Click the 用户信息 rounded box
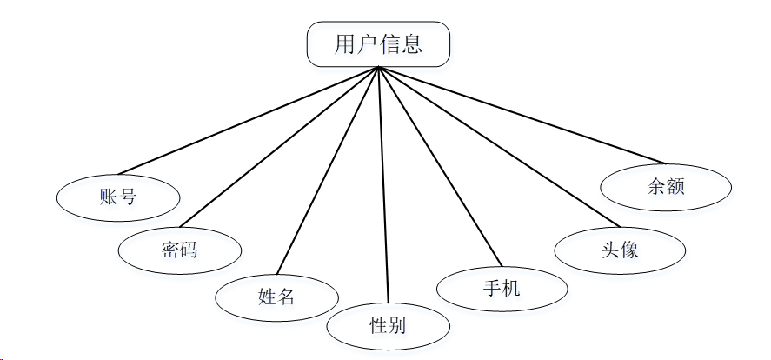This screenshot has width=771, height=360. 379,44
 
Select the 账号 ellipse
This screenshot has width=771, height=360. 118,197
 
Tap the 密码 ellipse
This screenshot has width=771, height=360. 180,250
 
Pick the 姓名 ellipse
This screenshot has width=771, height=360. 277,297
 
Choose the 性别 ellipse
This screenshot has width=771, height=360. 389,326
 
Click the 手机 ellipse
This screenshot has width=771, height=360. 502,288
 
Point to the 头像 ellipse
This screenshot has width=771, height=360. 620,249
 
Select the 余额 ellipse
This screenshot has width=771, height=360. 667,186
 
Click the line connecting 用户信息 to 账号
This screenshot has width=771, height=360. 249,120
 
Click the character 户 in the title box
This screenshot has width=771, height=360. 368,44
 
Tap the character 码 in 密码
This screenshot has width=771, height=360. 189,250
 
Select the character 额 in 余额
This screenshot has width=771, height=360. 676,186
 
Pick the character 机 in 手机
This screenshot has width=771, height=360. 512,288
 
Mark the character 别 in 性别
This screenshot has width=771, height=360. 398,326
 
